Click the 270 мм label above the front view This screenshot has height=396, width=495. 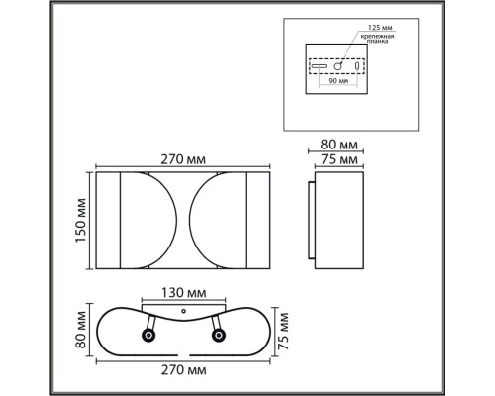click(x=183, y=155)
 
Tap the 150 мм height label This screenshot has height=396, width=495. click(x=81, y=220)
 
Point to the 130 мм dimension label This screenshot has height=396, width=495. click(x=182, y=294)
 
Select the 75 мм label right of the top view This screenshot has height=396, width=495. click(x=285, y=332)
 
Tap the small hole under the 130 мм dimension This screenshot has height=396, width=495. click(x=182, y=311)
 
